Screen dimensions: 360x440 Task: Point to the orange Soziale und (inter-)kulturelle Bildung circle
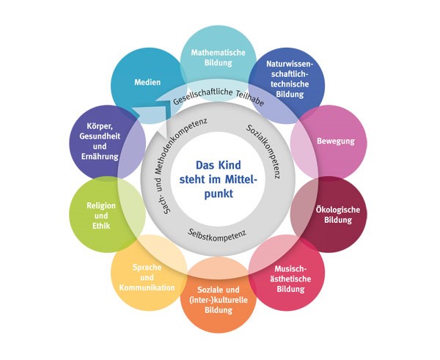tap(219, 301)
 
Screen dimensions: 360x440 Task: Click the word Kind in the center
tap(235, 166)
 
